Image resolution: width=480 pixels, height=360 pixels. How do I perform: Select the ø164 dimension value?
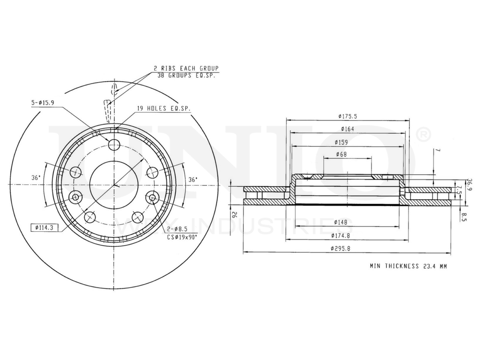click(x=348, y=129)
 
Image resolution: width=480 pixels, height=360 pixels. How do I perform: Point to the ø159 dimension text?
click(x=341, y=142)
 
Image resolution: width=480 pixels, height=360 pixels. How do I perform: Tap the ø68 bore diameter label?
click(x=342, y=155)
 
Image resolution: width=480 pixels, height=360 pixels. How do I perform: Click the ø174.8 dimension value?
click(x=341, y=235)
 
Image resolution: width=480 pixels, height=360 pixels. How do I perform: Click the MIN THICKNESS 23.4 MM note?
click(x=408, y=265)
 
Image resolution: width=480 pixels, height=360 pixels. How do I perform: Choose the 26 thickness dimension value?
click(x=235, y=216)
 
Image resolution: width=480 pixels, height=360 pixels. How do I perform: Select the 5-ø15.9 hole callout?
click(x=44, y=103)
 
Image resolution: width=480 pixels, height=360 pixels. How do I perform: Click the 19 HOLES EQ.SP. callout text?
click(x=164, y=109)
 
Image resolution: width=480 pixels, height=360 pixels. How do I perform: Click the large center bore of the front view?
click(x=114, y=185)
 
